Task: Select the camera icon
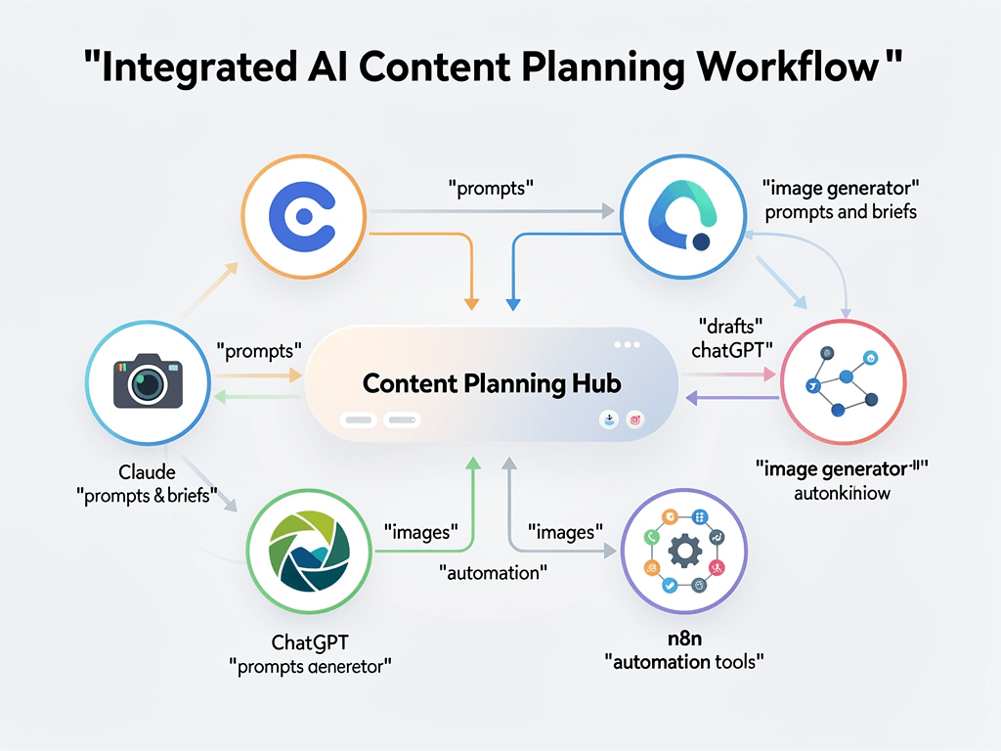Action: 147,381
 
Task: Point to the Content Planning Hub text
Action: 492,383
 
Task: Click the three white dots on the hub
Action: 627,345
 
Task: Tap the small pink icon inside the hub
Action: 634,419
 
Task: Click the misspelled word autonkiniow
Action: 842,493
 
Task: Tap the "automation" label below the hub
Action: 493,572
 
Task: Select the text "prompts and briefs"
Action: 841,212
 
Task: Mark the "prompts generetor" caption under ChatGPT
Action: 310,668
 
